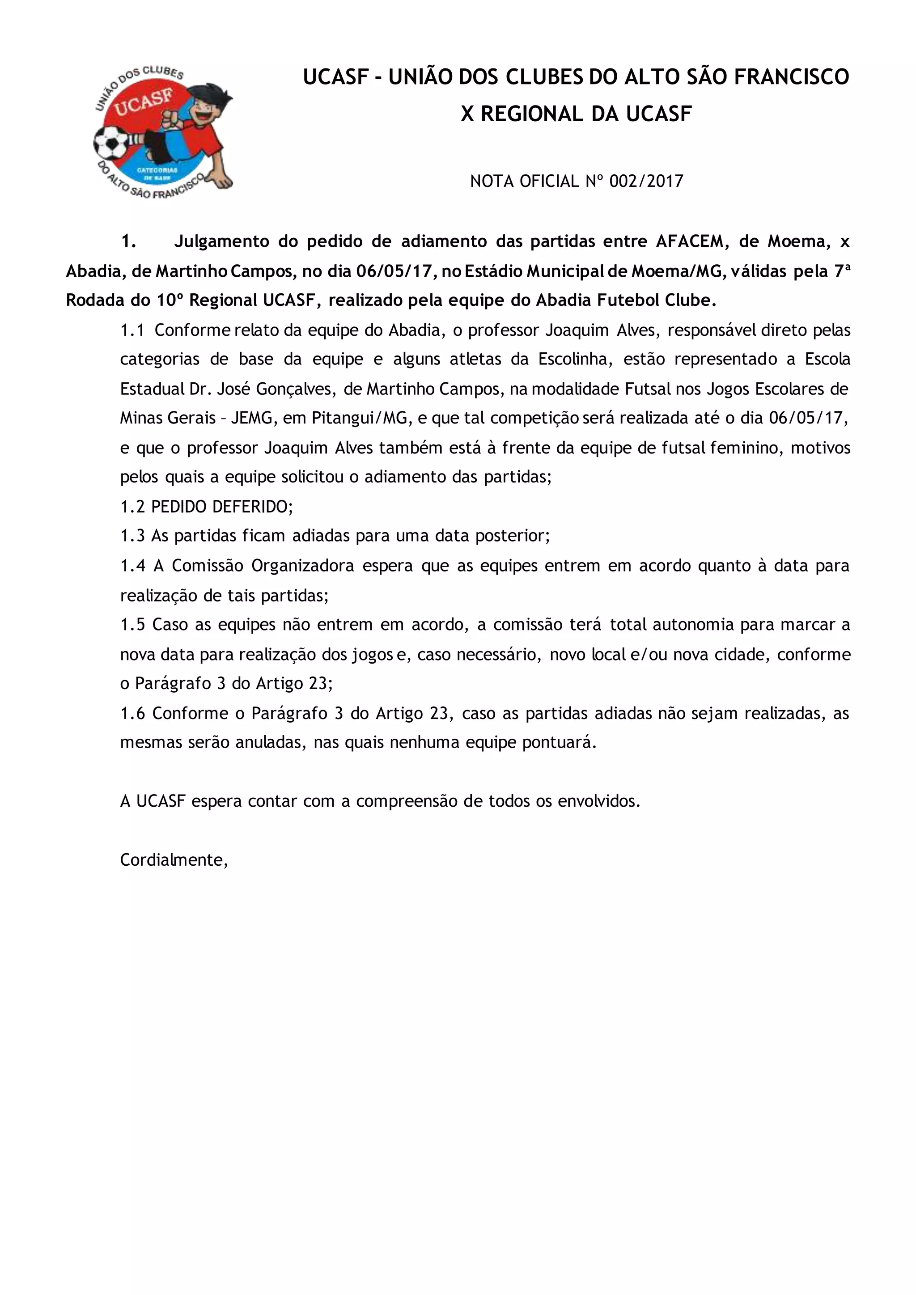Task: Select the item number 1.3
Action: click(132, 535)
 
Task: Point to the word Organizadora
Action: click(302, 565)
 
